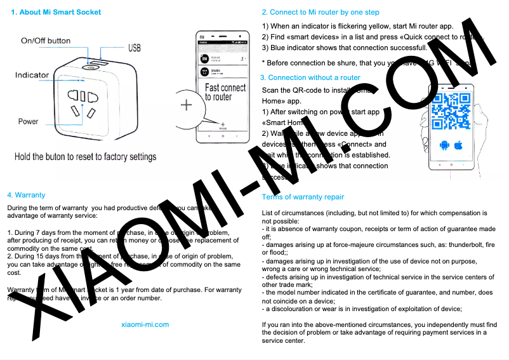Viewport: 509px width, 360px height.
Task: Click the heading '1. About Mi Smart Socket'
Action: click(56, 12)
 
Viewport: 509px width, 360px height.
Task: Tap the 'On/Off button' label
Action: click(46, 41)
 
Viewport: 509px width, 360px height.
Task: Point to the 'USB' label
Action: click(135, 48)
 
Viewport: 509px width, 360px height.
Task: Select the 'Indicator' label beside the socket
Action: click(32, 75)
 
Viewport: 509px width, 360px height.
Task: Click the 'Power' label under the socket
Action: click(28, 121)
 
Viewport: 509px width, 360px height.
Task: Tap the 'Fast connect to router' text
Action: click(225, 92)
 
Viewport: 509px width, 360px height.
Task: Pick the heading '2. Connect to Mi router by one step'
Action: click(321, 12)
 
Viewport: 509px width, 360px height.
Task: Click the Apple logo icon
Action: click(458, 145)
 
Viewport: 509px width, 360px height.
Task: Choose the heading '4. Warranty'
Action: click(26, 195)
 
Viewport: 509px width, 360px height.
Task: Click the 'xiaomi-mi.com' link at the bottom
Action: click(145, 324)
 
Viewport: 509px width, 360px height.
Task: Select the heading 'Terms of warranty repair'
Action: click(303, 197)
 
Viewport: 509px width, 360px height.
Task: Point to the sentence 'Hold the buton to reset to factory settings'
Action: click(85, 156)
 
